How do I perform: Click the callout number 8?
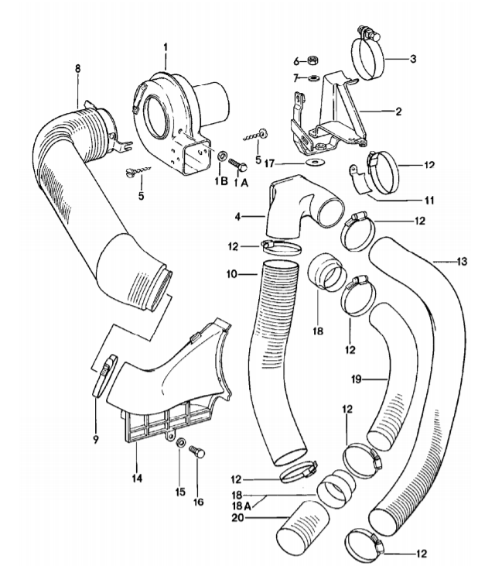point(78,69)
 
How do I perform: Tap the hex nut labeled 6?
point(312,60)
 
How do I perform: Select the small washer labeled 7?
point(315,77)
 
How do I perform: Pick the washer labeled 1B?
point(223,156)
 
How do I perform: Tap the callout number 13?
point(461,261)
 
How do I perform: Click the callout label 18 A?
point(242,505)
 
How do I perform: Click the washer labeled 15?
point(181,443)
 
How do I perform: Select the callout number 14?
point(137,479)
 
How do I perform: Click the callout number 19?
point(357,379)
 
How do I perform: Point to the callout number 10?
point(232,274)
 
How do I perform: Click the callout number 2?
point(398,111)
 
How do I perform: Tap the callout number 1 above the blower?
point(166,48)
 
